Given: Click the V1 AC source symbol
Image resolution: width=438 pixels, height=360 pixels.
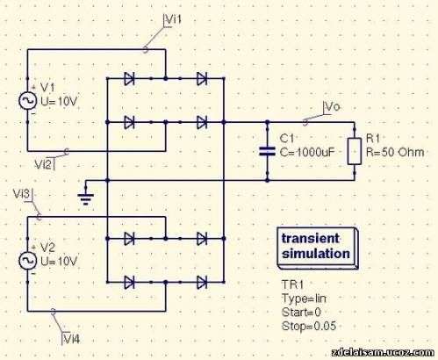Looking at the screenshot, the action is pyautogui.click(x=28, y=100).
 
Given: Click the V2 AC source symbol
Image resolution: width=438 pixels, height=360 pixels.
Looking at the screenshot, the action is pyautogui.click(x=28, y=261).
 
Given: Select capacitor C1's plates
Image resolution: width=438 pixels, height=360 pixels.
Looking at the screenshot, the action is pyautogui.click(x=267, y=151).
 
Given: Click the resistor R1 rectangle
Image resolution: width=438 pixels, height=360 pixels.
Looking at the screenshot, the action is pyautogui.click(x=355, y=151).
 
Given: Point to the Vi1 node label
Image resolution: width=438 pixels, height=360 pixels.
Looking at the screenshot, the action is pyautogui.click(x=173, y=19).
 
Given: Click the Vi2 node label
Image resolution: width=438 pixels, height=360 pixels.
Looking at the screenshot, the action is pyautogui.click(x=44, y=165).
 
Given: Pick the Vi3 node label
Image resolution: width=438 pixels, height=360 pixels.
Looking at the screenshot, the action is pyautogui.click(x=22, y=194).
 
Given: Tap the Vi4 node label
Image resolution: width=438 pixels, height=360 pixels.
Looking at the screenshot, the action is pyautogui.click(x=71, y=339).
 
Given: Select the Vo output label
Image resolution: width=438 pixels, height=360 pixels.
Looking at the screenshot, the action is pyautogui.click(x=333, y=106).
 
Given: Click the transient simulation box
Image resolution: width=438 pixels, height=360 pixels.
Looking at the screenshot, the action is pyautogui.click(x=318, y=248).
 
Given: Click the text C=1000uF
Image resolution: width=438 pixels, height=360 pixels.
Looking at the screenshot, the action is pyautogui.click(x=307, y=152).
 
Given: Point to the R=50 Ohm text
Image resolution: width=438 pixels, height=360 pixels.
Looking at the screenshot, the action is pyautogui.click(x=395, y=152).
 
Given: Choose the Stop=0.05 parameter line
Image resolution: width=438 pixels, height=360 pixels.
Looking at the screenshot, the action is pyautogui.click(x=309, y=326).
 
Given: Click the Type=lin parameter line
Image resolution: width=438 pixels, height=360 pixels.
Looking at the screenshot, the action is pyautogui.click(x=304, y=299).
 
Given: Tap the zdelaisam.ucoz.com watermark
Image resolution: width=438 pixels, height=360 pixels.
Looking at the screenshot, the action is pyautogui.click(x=384, y=352).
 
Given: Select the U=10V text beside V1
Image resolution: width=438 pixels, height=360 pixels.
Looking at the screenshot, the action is pyautogui.click(x=59, y=102).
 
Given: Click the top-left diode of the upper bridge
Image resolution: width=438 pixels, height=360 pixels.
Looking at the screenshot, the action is pyautogui.click(x=129, y=78).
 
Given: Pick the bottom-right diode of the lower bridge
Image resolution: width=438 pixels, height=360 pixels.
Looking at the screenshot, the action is pyautogui.click(x=202, y=282).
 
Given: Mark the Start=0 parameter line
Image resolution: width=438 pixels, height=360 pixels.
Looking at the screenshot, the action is pyautogui.click(x=301, y=312).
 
